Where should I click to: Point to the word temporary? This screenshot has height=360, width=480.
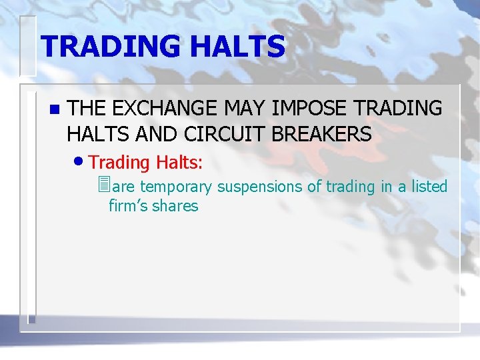176,187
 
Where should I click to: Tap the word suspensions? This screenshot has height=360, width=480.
259,187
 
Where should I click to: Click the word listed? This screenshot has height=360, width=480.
429,187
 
